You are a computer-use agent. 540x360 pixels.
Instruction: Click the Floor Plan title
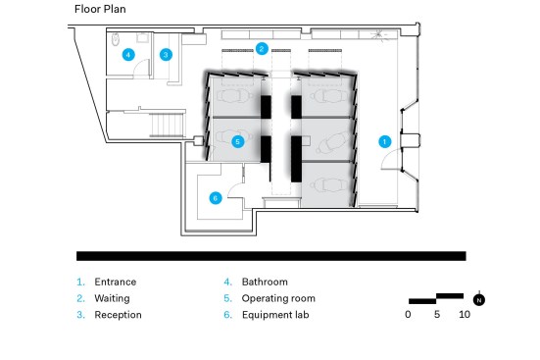pos(100,9)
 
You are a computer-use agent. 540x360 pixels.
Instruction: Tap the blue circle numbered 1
pos(385,141)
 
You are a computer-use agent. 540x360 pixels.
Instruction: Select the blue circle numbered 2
pos(262,49)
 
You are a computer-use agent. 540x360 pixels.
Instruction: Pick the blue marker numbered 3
pos(166,55)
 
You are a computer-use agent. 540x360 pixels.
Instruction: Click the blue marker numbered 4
pos(128,55)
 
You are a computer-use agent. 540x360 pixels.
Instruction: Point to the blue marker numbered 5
pos(237,141)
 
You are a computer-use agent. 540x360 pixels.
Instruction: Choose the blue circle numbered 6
pos(216,198)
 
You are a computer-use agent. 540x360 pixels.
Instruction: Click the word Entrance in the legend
pos(116,282)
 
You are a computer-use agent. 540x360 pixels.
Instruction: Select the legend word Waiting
pos(113,298)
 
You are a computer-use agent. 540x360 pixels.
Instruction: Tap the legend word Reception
pos(119,315)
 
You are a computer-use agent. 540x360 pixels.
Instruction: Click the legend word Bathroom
pos(265,282)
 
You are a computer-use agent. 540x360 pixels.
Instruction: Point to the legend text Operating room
pos(278,298)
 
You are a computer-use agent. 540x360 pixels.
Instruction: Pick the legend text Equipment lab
pos(275,315)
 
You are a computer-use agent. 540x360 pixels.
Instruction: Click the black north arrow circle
pos(478,300)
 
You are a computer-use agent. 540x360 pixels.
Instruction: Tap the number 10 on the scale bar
pos(465,315)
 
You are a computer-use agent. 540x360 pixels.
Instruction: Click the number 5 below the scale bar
pos(437,315)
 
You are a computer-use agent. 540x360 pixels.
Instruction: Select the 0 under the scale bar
pos(408,315)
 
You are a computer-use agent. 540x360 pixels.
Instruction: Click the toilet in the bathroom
pos(116,39)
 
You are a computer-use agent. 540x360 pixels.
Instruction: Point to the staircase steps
pos(167,125)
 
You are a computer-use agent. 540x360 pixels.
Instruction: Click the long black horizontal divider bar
pos(271,256)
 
